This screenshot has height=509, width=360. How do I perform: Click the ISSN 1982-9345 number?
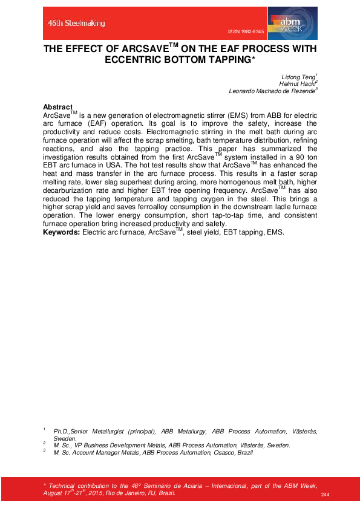(x=246, y=30)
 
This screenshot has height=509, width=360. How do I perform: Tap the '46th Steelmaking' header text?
(x=77, y=23)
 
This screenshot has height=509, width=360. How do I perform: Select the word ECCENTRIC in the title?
(x=137, y=59)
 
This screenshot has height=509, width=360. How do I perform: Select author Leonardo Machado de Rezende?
(x=272, y=91)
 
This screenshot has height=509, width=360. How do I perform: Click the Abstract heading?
(x=58, y=107)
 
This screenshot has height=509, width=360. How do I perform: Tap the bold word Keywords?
(x=61, y=232)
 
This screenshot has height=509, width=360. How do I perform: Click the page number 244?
(x=325, y=495)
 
